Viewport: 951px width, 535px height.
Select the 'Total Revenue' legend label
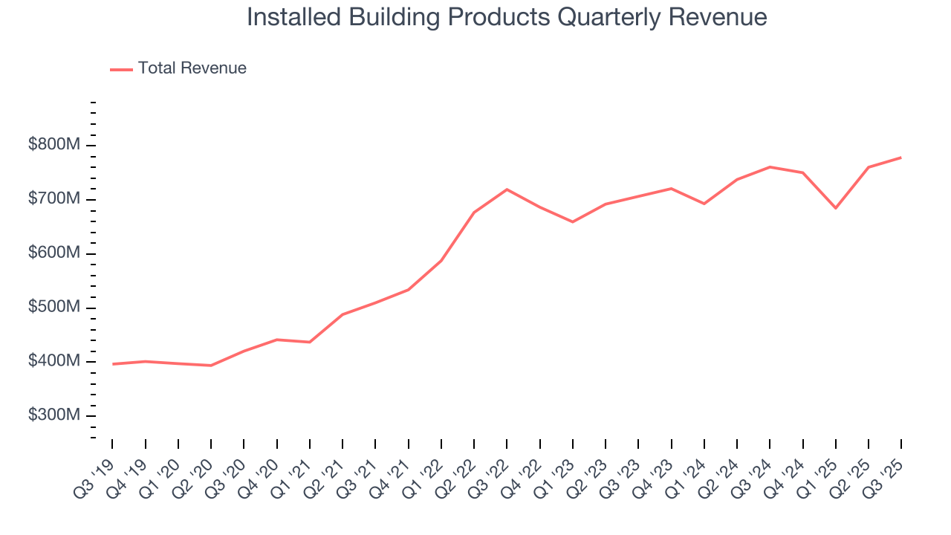pyautogui.click(x=192, y=68)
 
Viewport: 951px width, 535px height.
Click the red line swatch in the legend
pyautogui.click(x=121, y=69)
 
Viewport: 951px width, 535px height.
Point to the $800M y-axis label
pyautogui.click(x=53, y=145)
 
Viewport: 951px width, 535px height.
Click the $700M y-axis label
pyautogui.click(x=53, y=199)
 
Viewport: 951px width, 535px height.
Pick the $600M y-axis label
pyautogui.click(x=53, y=253)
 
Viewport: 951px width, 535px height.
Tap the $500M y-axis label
pyautogui.click(x=53, y=308)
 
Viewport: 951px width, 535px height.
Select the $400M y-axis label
pyautogui.click(x=53, y=362)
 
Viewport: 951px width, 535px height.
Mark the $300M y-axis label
pyautogui.click(x=53, y=415)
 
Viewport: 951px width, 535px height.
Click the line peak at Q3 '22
pyautogui.click(x=507, y=189)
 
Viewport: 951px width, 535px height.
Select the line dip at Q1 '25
pyautogui.click(x=836, y=208)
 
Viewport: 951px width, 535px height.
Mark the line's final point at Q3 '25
pyautogui.click(x=901, y=158)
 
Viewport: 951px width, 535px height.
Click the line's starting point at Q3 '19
pyautogui.click(x=113, y=364)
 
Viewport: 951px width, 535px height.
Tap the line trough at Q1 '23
pyautogui.click(x=572, y=221)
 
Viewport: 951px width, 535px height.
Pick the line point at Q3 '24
pyautogui.click(x=770, y=167)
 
